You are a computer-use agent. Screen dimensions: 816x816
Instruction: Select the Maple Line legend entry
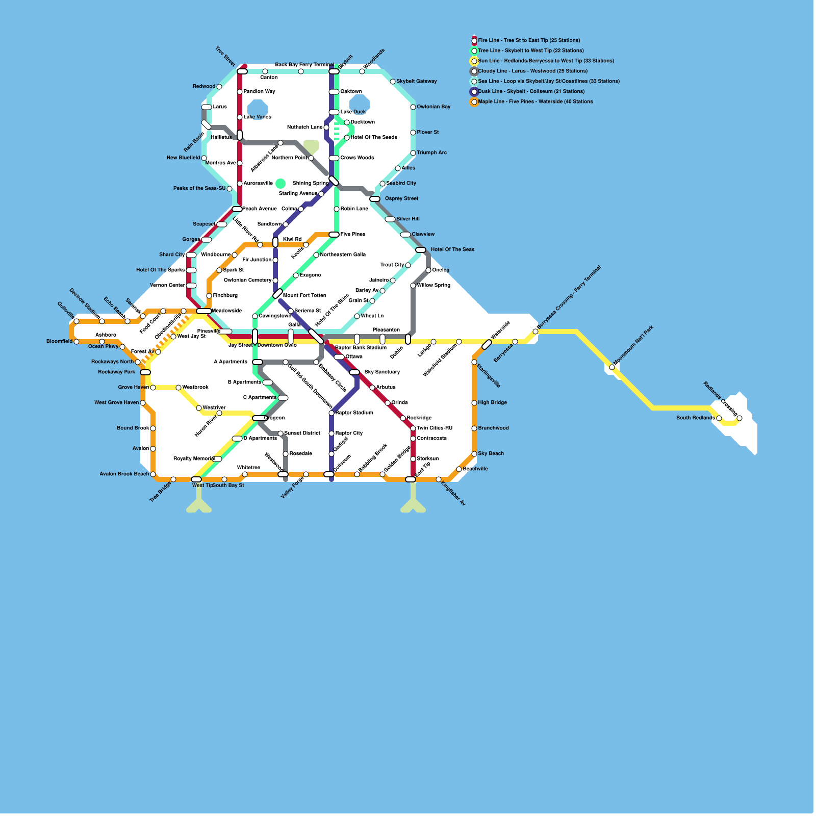535,101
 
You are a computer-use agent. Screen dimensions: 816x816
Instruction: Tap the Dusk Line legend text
531,91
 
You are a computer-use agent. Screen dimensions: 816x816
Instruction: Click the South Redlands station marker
719,418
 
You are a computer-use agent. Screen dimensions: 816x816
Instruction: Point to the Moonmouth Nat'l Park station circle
612,367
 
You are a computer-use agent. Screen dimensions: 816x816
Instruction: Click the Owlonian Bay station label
433,107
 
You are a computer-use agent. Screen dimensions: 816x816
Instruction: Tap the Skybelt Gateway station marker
393,82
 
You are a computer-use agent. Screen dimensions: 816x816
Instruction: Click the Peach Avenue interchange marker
237,209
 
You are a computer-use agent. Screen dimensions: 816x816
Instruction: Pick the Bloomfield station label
59,341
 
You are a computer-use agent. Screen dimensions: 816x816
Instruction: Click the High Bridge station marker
474,403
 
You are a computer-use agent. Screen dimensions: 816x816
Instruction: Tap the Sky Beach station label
491,453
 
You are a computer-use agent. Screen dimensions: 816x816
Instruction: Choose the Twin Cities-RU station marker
413,428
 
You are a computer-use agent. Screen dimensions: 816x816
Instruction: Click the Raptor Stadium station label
354,413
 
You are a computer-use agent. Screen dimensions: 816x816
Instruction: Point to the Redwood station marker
219,87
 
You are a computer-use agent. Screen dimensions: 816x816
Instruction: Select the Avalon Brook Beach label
124,474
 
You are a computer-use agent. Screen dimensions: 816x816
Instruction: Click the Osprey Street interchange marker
375,199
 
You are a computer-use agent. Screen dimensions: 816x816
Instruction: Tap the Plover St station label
427,132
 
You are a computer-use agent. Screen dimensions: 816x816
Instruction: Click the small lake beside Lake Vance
258,109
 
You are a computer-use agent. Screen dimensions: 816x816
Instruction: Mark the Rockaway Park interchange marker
145,372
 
